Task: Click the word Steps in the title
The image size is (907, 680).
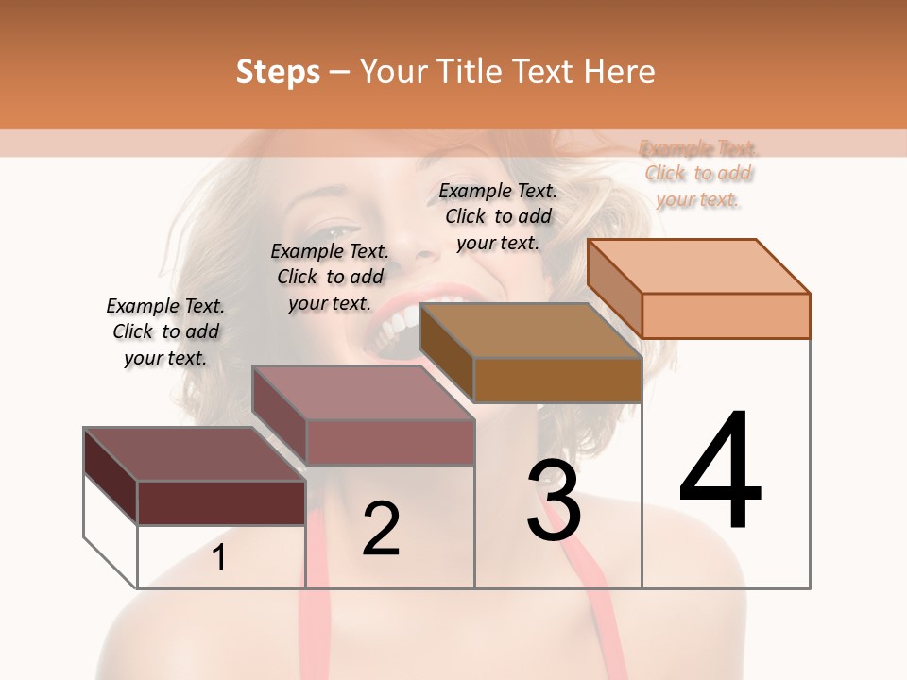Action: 278,72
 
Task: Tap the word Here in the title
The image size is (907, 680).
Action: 620,72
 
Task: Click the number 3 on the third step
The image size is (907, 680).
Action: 554,501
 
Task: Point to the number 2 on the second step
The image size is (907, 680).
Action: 381,528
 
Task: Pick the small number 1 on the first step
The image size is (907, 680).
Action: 219,558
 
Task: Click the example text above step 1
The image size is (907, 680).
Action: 165,331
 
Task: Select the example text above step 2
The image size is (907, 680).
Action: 330,277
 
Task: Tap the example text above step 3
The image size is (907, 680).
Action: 498,216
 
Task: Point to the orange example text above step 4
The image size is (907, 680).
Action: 698,174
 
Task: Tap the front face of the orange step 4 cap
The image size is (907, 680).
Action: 726,315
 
